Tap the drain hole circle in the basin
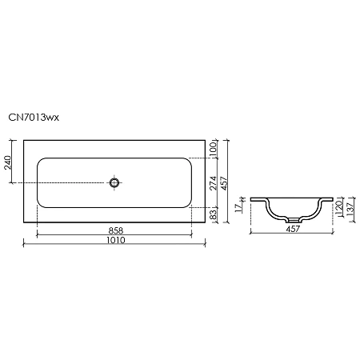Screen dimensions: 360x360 tap(115, 183)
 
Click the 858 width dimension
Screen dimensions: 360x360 tap(116, 230)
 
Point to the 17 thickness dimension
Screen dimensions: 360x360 tap(239, 206)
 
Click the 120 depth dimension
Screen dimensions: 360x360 tap(339, 209)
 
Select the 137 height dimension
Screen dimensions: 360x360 tap(350, 211)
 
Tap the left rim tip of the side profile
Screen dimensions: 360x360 tap(251, 199)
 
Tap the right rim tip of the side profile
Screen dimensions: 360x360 tap(334, 199)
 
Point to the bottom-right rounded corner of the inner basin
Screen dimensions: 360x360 tap(190, 207)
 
